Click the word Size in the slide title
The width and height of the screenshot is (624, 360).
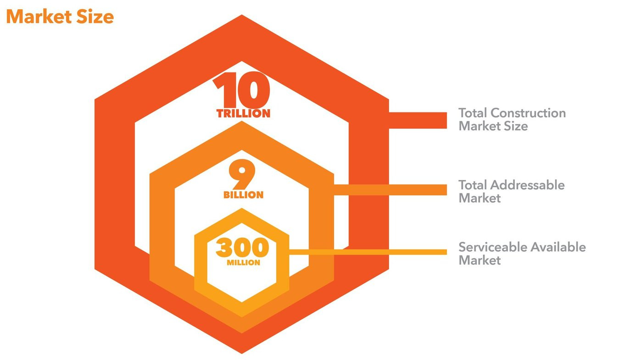pos(96,17)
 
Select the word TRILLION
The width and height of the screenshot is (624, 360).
pos(244,114)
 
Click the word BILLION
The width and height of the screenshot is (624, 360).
pos(244,195)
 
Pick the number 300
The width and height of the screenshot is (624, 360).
pos(242,248)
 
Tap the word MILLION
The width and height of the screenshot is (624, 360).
pos(243,263)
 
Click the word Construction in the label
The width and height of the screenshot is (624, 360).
pos(528,113)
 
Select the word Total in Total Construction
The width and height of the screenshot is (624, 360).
pos(473,113)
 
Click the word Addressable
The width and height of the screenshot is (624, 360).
pos(528,185)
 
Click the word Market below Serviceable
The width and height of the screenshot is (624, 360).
pos(479,260)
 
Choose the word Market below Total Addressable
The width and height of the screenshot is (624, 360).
pos(479,199)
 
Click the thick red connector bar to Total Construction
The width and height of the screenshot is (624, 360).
pos(418,120)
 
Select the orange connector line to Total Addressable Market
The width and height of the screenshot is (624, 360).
pos(390,189)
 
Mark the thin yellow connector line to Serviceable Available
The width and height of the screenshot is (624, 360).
pos(367,251)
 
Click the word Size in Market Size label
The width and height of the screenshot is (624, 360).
pos(516,126)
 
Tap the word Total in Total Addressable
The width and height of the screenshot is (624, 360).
pos(473,185)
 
